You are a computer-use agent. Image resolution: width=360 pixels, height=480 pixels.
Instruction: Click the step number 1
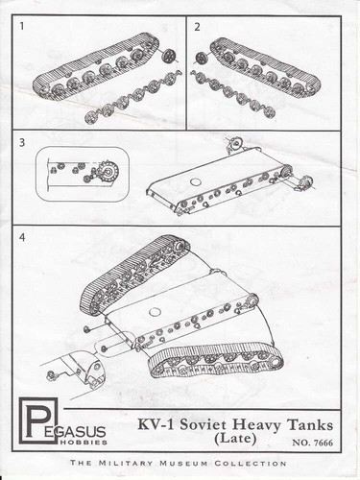[x=22, y=26]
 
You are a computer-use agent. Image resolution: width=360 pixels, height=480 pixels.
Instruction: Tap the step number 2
[x=197, y=27]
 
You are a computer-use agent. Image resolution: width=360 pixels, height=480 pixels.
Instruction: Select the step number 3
[x=22, y=143]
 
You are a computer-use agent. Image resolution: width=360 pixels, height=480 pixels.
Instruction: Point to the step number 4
[x=22, y=237]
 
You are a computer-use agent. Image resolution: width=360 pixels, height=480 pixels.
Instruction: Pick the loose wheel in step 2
[x=203, y=58]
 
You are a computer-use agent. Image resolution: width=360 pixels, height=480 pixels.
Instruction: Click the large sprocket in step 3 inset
[x=109, y=172]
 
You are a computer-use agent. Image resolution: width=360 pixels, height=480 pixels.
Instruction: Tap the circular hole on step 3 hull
[x=195, y=182]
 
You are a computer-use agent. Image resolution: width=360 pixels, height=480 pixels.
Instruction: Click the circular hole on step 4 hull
[x=155, y=312]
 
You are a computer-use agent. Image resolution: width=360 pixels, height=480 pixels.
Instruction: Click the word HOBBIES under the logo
[x=84, y=443]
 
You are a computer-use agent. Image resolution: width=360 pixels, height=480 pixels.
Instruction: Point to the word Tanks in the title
[x=309, y=425]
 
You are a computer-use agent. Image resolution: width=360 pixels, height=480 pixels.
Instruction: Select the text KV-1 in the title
[x=156, y=425]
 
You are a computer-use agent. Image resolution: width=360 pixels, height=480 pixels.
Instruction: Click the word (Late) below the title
[x=235, y=439]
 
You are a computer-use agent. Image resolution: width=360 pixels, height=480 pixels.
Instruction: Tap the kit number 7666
[x=324, y=443]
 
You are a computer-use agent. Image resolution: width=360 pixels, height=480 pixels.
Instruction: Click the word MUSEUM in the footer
[x=183, y=463]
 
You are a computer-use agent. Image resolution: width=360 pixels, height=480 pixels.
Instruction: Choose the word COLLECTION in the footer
[x=251, y=463]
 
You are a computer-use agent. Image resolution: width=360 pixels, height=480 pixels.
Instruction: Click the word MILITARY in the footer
[x=127, y=463]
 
